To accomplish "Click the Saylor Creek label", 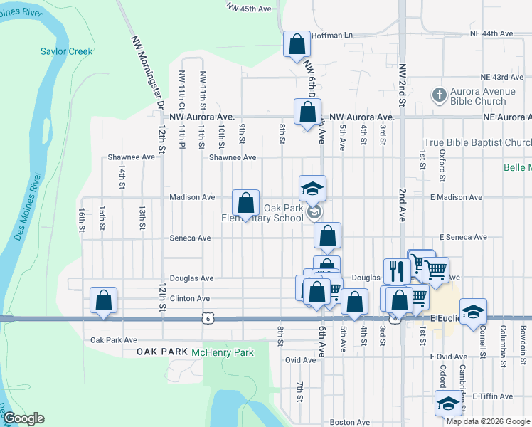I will pyautogui.click(x=67, y=51).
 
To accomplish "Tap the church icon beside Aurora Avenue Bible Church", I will pyautogui.click(x=440, y=95).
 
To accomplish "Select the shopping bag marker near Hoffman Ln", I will pyautogui.click(x=297, y=45).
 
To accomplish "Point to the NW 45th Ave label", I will pyautogui.click(x=250, y=8).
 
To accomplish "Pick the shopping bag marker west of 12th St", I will pyautogui.click(x=104, y=301).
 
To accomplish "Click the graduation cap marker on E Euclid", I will pyautogui.click(x=473, y=312).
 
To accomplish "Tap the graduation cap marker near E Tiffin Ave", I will pyautogui.click(x=448, y=404).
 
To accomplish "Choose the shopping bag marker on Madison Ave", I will pyautogui.click(x=245, y=204).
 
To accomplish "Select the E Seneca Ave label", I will pyautogui.click(x=463, y=237).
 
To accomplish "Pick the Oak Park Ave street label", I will pyautogui.click(x=114, y=340).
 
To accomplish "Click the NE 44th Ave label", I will pyautogui.click(x=491, y=33).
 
